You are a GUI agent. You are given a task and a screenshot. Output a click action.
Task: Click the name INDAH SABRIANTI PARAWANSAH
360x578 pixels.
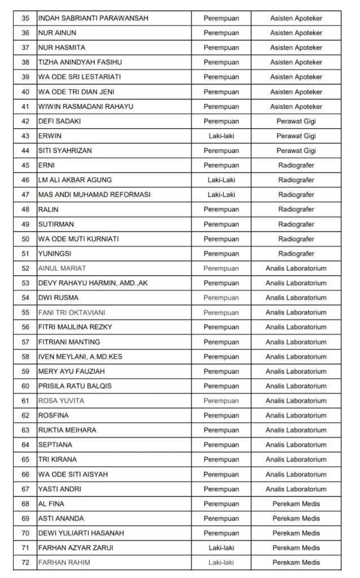tap(93, 18)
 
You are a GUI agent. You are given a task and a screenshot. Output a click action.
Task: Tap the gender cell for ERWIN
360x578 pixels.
tap(221, 136)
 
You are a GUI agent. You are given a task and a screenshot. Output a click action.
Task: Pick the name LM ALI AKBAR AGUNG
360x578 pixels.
tap(74, 180)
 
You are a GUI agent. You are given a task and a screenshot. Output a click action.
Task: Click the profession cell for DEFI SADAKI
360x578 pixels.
tap(296, 121)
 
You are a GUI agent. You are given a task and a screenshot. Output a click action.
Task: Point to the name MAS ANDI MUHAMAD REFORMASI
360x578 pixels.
tap(94, 195)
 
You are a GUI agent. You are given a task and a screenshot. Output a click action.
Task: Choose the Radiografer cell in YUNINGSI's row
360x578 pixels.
tap(296, 253)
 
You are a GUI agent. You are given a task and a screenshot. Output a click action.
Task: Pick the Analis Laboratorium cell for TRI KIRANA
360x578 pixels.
tap(296, 459)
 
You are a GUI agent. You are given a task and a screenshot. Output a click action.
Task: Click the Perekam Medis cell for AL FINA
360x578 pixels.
tap(296, 503)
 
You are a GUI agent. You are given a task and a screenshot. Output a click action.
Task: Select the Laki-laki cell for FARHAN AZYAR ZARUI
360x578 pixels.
tap(221, 548)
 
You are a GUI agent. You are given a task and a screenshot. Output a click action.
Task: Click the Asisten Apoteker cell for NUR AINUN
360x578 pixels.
tap(296, 33)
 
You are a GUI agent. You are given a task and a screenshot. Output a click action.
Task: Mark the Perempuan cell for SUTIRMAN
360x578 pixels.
tap(221, 224)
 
